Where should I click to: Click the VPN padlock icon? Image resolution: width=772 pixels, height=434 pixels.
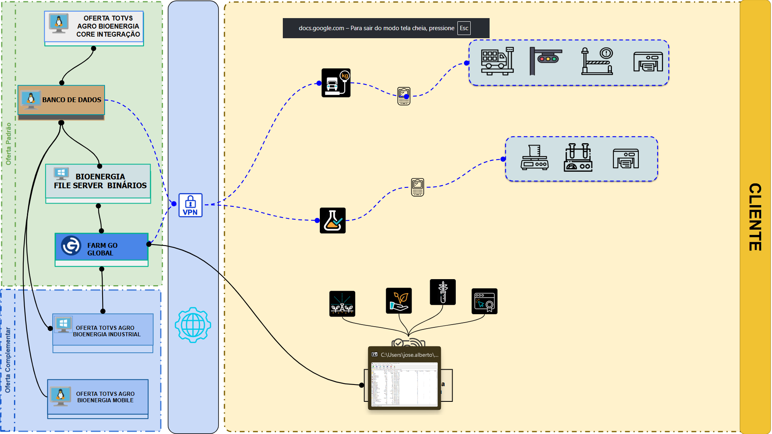(x=190, y=205)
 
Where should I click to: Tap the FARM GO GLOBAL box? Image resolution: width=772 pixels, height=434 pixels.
(x=101, y=249)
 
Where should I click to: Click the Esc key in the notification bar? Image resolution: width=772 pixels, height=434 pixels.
(x=464, y=28)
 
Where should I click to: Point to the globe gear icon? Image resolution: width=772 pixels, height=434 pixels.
(x=193, y=325)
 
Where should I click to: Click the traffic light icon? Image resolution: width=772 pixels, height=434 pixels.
(x=546, y=61)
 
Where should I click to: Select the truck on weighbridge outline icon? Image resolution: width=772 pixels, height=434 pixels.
(x=497, y=62)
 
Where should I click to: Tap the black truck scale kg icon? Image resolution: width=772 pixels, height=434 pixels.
(x=336, y=83)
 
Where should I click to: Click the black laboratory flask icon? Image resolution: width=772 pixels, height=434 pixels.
(x=333, y=220)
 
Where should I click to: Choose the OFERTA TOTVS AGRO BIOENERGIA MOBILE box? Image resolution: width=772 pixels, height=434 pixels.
(x=98, y=397)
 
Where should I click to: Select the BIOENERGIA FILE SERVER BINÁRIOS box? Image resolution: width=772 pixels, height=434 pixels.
(x=98, y=181)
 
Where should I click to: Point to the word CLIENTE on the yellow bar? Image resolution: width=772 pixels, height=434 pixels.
(x=755, y=217)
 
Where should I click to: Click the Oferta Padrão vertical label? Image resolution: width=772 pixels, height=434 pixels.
(x=8, y=144)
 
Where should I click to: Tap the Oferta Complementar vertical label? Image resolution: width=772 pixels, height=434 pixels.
(x=8, y=360)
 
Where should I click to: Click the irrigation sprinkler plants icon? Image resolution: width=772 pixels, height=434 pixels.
(x=342, y=304)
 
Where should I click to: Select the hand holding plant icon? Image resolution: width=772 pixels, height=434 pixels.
(x=399, y=300)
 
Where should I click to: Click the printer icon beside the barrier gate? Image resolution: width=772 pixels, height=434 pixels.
(x=648, y=62)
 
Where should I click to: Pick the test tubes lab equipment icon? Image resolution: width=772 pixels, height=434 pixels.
(x=578, y=158)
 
